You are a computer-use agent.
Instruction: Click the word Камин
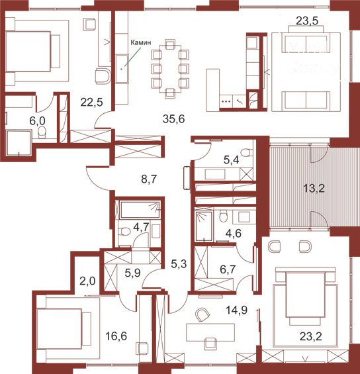(x=141, y=42)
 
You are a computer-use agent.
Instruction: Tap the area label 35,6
(x=173, y=118)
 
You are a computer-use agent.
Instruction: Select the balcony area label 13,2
(x=314, y=189)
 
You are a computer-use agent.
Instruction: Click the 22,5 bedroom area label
(x=91, y=103)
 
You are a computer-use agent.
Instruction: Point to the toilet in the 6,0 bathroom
(x=42, y=132)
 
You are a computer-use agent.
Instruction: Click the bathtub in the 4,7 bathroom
(x=140, y=210)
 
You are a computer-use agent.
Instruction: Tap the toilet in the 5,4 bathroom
(x=246, y=152)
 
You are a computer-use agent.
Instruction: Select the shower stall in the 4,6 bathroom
(x=204, y=225)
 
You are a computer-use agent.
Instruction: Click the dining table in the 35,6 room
(x=170, y=68)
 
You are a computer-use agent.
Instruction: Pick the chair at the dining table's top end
(x=170, y=44)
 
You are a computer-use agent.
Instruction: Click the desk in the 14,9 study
(x=210, y=332)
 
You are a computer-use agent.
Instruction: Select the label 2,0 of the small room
(x=87, y=281)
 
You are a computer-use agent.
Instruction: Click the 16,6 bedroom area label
(x=116, y=336)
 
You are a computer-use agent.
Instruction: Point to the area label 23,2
(x=310, y=336)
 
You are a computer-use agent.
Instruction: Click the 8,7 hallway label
(x=149, y=179)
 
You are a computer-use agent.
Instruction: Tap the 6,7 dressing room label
(x=228, y=269)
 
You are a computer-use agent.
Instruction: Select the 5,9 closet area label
(x=132, y=273)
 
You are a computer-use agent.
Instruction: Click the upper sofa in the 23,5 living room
(x=306, y=42)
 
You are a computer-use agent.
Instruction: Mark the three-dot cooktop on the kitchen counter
(x=226, y=101)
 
